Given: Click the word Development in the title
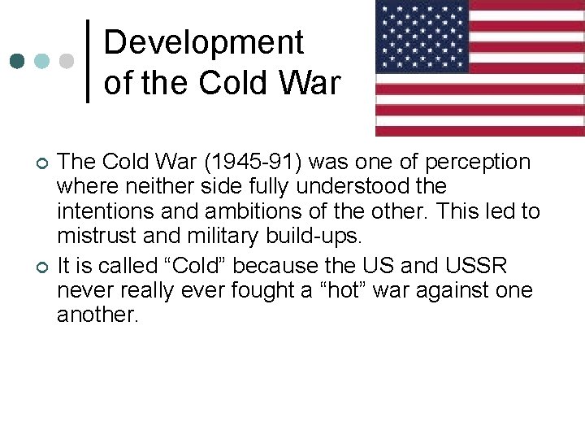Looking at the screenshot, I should pyautogui.click(x=203, y=42).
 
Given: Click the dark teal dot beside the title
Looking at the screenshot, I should pyautogui.click(x=16, y=61).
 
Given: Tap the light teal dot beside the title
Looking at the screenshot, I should pyautogui.click(x=41, y=61).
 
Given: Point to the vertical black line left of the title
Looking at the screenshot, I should pyautogui.click(x=88, y=61).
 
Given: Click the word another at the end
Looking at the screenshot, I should pyautogui.click(x=97, y=315).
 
